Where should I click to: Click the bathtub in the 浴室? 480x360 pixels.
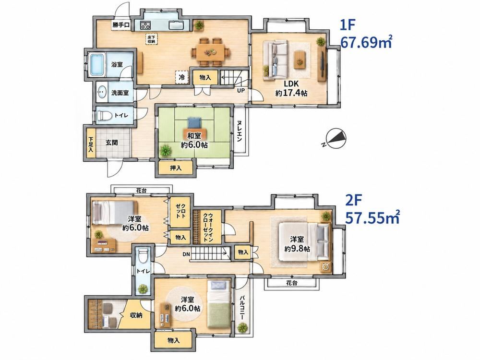97,65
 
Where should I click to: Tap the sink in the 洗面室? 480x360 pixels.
102,92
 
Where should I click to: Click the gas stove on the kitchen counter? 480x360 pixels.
145,26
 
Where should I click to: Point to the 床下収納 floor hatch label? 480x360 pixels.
151,39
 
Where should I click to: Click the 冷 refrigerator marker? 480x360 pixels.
181,77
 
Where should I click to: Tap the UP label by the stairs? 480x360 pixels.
240,91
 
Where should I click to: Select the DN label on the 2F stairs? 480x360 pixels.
186,254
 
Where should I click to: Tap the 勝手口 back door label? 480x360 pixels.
120,25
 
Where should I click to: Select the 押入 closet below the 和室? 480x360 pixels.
176,168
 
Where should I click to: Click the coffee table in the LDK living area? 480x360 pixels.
299,59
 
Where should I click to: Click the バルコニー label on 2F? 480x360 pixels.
242,308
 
